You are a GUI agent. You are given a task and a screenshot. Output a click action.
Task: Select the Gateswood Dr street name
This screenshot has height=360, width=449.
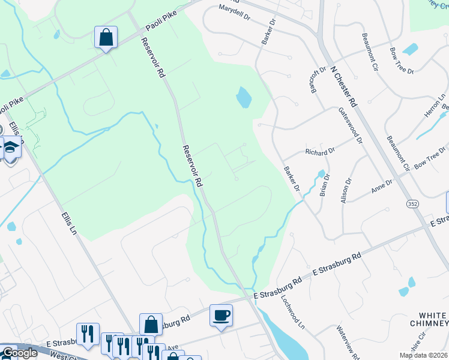point(351,126)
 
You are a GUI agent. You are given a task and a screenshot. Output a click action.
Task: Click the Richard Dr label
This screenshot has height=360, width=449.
point(319,152)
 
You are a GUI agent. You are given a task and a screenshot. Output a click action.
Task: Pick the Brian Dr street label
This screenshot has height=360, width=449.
point(325,185)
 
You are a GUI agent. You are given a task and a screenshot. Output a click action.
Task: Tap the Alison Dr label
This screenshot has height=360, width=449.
point(345,190)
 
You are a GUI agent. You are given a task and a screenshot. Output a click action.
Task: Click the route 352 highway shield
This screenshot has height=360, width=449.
point(412,204)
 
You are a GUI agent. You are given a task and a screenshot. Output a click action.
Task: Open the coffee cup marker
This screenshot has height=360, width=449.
point(221,315)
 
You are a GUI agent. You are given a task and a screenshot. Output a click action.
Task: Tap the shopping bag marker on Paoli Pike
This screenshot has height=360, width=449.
point(106,37)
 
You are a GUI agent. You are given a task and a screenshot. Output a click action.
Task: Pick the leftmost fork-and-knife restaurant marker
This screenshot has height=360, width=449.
point(88,334)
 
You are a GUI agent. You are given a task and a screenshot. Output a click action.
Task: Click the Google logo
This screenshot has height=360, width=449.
point(19,353)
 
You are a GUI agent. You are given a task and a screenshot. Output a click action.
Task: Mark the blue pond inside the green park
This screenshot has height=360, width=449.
point(243,97)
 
